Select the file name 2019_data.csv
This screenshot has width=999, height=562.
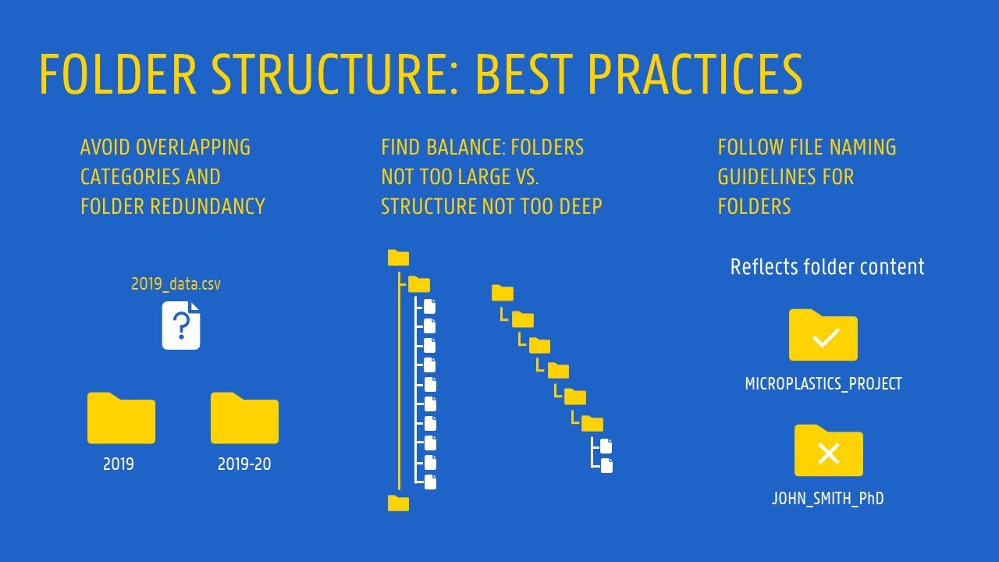176,284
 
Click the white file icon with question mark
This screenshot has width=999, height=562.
181,325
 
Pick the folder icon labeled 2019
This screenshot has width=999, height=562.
121,418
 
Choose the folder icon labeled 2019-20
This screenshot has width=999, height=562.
244,418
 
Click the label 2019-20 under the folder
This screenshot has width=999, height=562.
244,464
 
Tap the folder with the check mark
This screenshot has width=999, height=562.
823,336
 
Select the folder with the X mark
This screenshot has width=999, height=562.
828,451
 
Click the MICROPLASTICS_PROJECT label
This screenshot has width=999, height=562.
823,384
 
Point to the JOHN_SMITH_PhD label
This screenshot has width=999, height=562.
828,499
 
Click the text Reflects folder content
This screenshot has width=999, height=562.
827,267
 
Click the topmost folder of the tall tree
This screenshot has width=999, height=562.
398,258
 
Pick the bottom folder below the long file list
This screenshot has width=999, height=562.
398,503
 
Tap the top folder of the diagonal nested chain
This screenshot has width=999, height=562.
503,293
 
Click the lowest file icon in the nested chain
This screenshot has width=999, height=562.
606,466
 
